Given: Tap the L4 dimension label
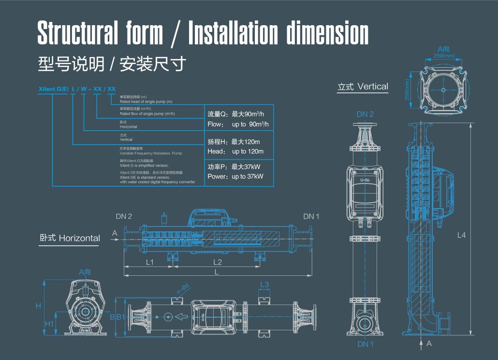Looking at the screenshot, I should click(462, 235).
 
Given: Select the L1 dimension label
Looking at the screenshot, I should click(150, 262).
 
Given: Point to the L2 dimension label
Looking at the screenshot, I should click(218, 262).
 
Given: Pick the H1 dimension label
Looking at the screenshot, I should click(49, 324).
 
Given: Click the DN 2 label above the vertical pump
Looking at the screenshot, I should click(365, 115).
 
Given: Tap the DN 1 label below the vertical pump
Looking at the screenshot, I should click(365, 344).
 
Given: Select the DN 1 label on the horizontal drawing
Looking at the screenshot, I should click(311, 216).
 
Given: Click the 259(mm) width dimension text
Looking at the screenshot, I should click(444, 56).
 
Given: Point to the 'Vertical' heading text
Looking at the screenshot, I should click(373, 87).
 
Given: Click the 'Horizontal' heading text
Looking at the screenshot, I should click(79, 238).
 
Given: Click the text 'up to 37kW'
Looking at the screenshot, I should click(248, 177).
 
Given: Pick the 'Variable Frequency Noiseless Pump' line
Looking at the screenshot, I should click(150, 153).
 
